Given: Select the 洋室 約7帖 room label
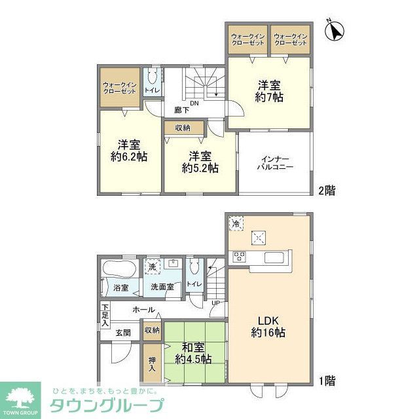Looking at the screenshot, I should click(269, 90).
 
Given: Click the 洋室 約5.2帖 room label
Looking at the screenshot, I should click(200, 162).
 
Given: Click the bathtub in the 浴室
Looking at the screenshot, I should click(118, 268).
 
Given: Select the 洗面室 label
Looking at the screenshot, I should click(162, 287).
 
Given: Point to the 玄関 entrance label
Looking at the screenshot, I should click(124, 331).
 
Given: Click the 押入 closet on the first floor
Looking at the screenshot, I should click(152, 363).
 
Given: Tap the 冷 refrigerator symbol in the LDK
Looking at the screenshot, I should click(236, 224).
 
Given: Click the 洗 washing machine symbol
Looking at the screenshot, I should click(152, 267).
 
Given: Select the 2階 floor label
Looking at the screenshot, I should click(327, 191).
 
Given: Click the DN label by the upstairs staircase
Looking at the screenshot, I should click(194, 103).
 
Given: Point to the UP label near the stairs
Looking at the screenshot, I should click(215, 302).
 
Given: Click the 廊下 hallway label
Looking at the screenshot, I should click(179, 110).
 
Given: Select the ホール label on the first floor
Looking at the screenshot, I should click(143, 310).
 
